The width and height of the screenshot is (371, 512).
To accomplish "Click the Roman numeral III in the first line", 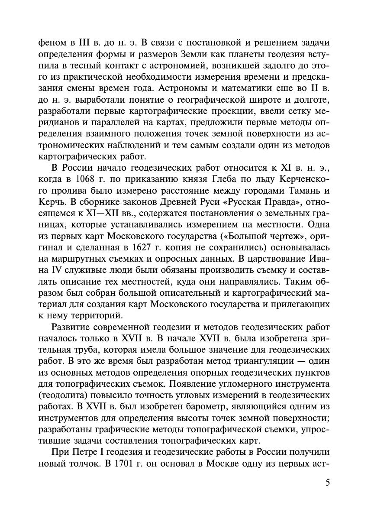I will [x=71, y=43].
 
